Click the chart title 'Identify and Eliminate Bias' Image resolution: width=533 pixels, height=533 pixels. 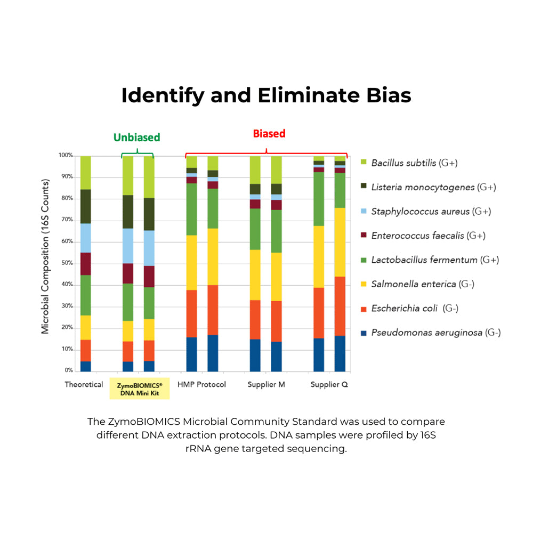pyautogui.click(x=266, y=95)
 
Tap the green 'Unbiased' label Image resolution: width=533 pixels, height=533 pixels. pyautogui.click(x=137, y=137)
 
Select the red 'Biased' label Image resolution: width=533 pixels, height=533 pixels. pyautogui.click(x=269, y=133)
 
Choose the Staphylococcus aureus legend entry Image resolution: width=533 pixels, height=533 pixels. pyautogui.click(x=431, y=212)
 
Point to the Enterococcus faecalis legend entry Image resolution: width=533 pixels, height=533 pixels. pyautogui.click(x=428, y=236)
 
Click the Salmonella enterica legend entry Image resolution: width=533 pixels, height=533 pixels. pyautogui.click(x=423, y=284)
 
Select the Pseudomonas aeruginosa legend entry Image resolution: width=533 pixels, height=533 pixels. pyautogui.click(x=435, y=333)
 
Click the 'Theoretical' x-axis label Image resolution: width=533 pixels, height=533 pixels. pyautogui.click(x=84, y=384)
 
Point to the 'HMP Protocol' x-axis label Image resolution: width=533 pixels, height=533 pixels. pyautogui.click(x=201, y=384)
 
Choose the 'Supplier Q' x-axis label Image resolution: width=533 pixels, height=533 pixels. pyautogui.click(x=329, y=384)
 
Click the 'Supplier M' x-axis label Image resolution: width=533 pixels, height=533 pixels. pyautogui.click(x=266, y=384)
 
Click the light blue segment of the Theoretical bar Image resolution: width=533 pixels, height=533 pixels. pyautogui.click(x=85, y=238)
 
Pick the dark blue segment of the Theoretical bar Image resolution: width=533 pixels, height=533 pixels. pyautogui.click(x=85, y=366)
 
